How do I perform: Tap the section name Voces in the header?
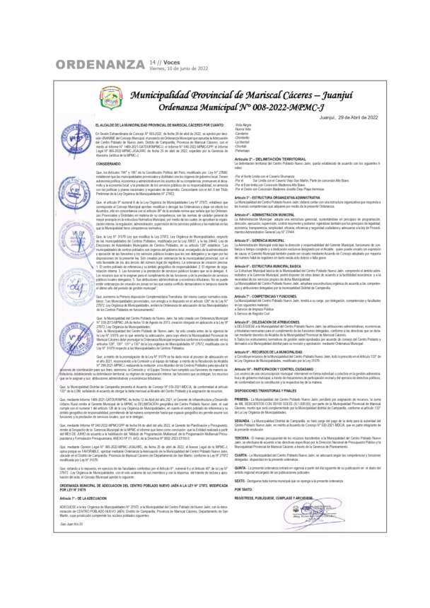(173, 62)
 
